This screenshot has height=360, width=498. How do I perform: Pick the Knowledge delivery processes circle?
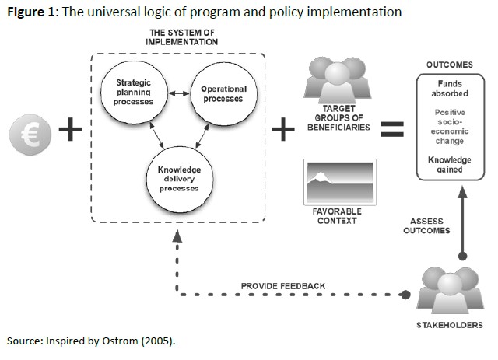pyautogui.click(x=178, y=178)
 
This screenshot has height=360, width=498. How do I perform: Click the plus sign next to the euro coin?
pyautogui.click(x=71, y=130)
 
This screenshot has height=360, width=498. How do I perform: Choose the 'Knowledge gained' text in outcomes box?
pyautogui.click(x=450, y=164)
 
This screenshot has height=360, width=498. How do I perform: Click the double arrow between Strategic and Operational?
pyautogui.click(x=177, y=95)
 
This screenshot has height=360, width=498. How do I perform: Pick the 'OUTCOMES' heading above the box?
pyautogui.click(x=450, y=65)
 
